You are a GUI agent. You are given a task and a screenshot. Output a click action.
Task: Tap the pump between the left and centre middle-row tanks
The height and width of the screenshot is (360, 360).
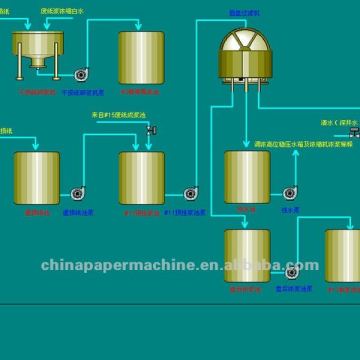(78, 192)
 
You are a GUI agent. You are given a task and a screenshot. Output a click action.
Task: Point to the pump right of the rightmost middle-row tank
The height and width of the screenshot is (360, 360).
(290, 192)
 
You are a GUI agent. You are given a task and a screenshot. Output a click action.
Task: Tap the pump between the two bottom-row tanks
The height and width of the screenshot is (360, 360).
(293, 270)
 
